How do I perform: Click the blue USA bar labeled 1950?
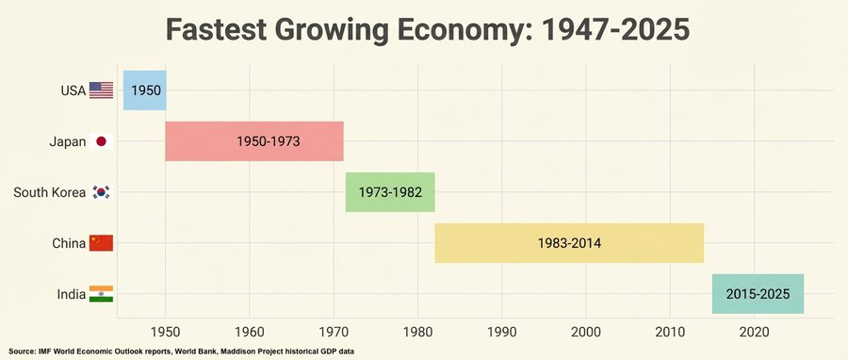coord(144,90)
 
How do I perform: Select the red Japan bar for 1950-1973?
coord(254,141)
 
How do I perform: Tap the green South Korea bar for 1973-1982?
coord(390,192)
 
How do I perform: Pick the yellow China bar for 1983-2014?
coord(569,243)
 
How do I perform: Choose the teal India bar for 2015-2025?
coord(758,294)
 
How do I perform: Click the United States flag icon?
coord(101,90)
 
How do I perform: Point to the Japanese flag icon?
coord(101,141)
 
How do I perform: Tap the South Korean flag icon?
coord(101,192)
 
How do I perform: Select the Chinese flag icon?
coord(101,243)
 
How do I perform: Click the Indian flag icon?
coord(101,294)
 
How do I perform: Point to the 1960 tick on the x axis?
coord(250,331)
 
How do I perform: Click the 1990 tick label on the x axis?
coord(501,331)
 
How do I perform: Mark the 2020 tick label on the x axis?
coord(754,331)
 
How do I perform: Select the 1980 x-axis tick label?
coord(417,331)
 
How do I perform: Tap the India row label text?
coord(71,294)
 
